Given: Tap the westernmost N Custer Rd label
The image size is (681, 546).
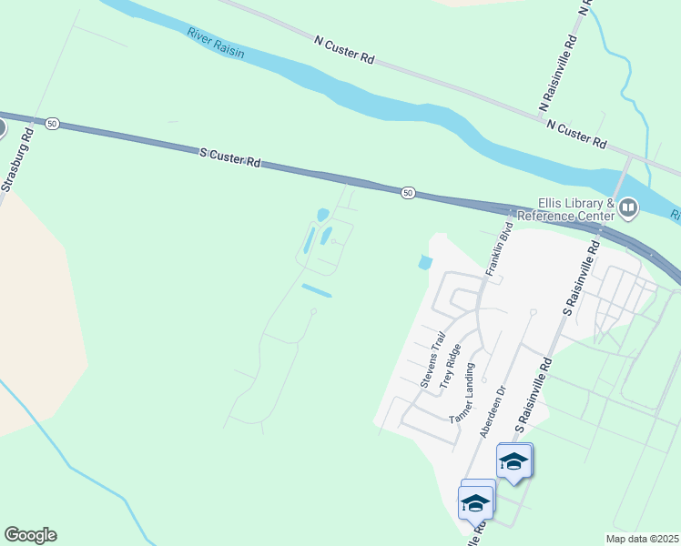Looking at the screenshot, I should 344,49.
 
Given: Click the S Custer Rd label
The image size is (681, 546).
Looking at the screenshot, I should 230,158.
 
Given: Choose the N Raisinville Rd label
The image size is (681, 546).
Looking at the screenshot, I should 559,74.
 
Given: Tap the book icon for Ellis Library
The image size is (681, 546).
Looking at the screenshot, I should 627,209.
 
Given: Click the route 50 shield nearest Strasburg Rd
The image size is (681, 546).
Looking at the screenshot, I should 53,123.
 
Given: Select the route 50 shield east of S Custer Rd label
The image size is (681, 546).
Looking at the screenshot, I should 408,192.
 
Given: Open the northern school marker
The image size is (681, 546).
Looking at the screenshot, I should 514,460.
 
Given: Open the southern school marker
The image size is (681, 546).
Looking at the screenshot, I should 476,500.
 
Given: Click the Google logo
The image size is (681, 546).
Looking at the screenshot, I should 30,535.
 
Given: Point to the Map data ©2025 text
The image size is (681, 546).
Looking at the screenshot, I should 642,539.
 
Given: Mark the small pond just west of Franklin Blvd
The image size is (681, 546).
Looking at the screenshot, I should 424,263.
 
